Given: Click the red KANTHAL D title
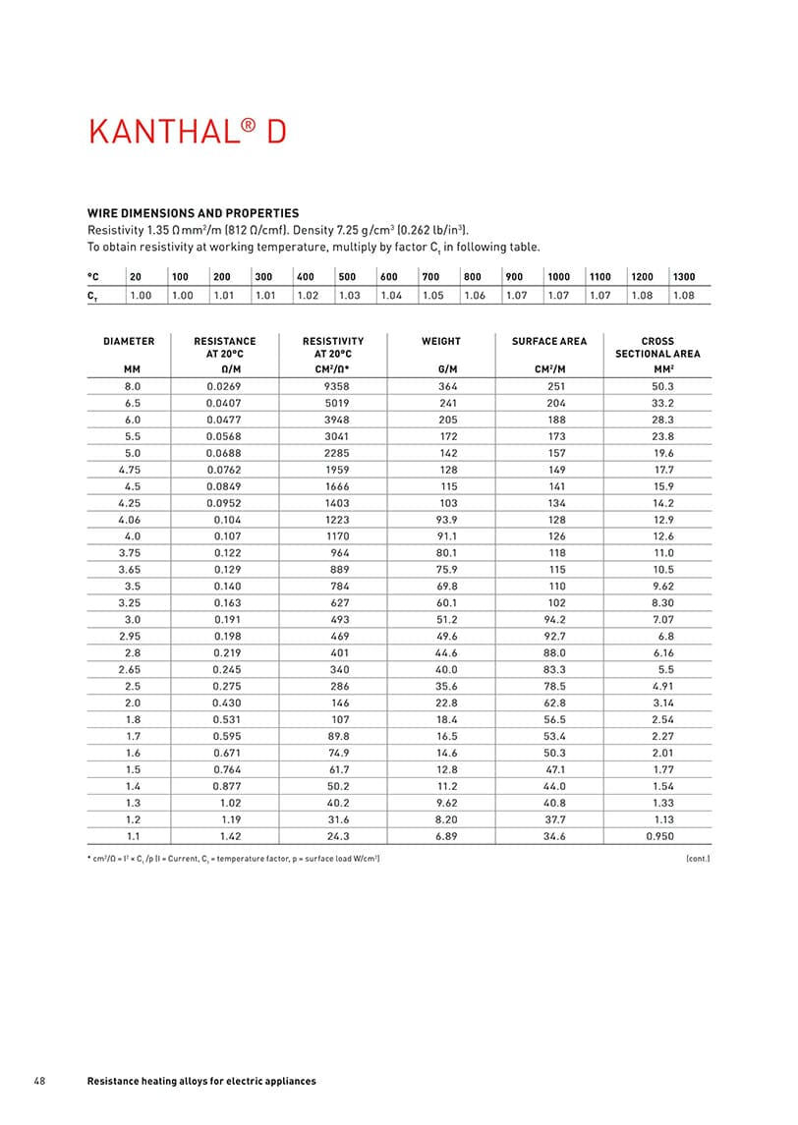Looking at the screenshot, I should [x=188, y=132].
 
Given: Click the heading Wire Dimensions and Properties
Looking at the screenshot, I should [x=194, y=213].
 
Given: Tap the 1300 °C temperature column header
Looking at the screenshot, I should [x=684, y=277].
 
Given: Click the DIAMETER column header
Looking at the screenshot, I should [x=129, y=341].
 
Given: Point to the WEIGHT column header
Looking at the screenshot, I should [x=440, y=341].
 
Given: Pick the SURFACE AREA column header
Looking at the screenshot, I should [x=548, y=341].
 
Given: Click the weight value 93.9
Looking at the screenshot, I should [x=448, y=518].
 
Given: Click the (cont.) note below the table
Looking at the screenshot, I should [x=697, y=859].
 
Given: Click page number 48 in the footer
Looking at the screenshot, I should [x=39, y=1081].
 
